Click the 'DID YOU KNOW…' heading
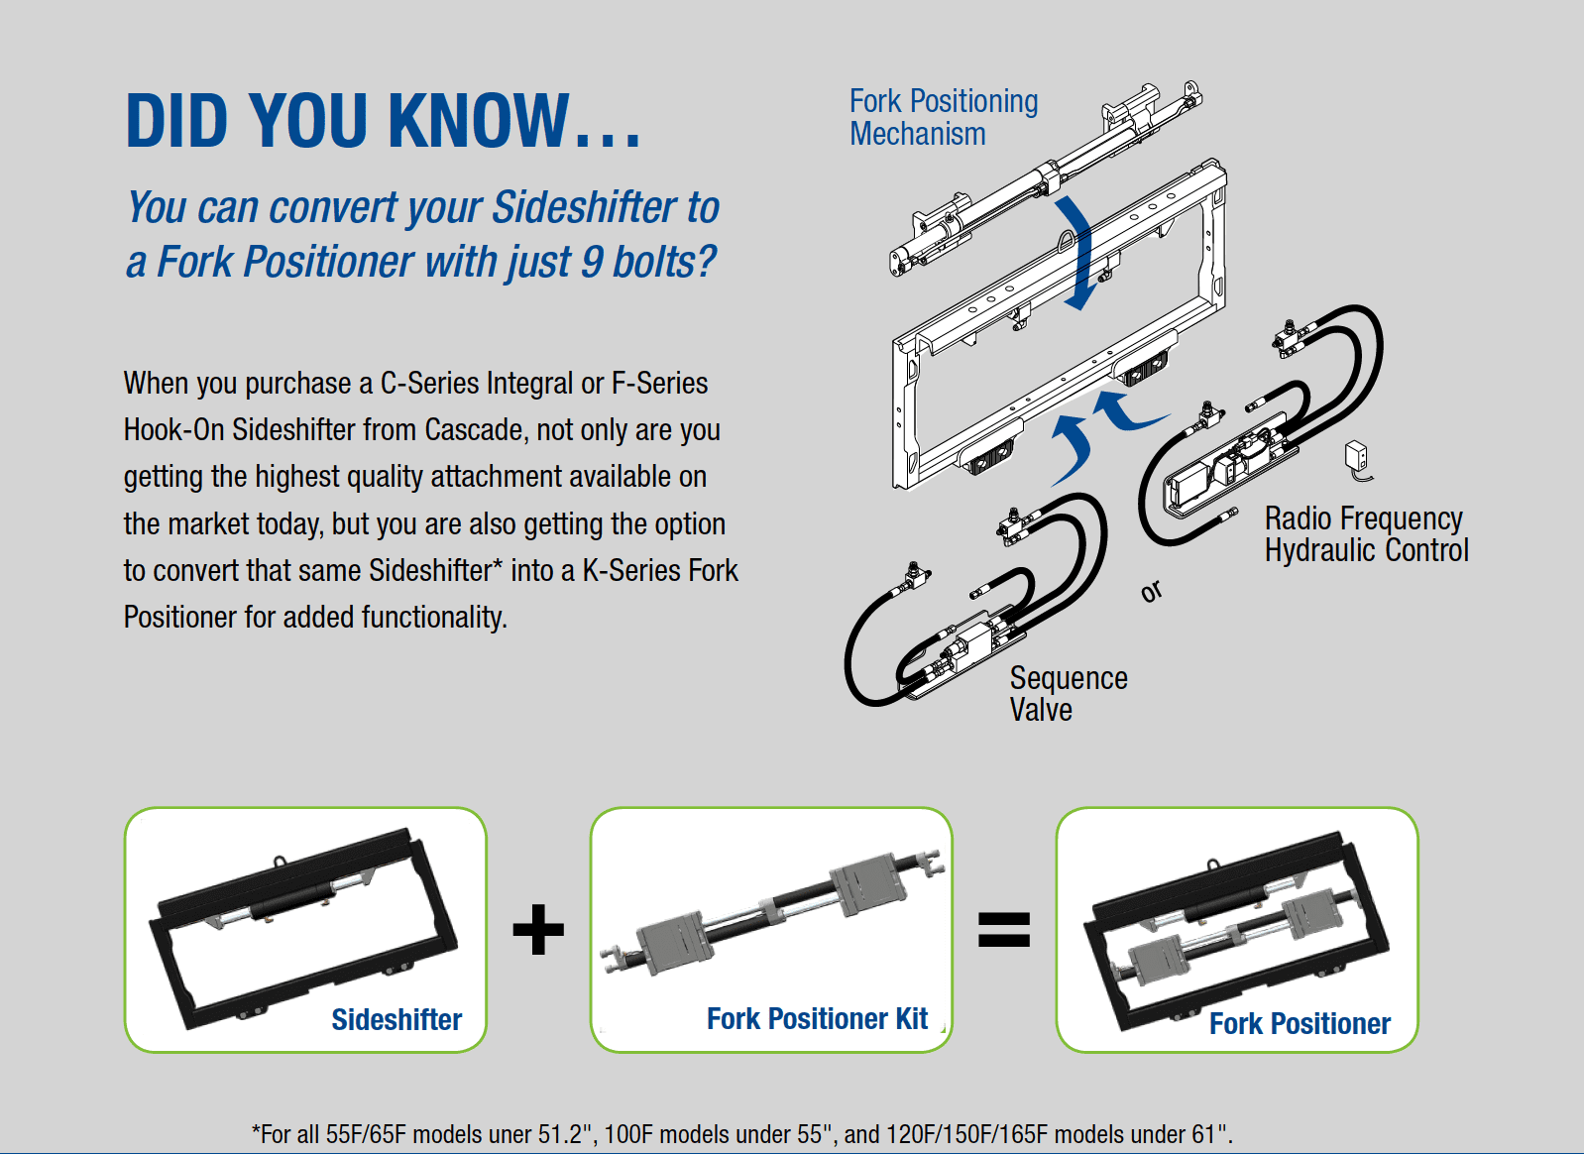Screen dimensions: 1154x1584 point(383,121)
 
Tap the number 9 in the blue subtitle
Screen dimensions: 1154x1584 point(592,263)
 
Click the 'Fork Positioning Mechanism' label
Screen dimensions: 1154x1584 point(943,117)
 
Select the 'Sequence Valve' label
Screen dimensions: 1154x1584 point(1068,694)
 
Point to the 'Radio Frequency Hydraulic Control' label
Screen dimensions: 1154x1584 point(1366,534)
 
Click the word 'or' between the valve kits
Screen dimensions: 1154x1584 point(1151,592)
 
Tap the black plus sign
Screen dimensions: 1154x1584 point(538,929)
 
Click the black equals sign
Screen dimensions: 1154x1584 point(1004,930)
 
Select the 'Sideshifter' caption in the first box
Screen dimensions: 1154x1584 point(396,1019)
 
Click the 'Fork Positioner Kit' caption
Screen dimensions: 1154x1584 point(817,1018)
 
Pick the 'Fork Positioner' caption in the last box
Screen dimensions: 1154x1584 point(1300,1023)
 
